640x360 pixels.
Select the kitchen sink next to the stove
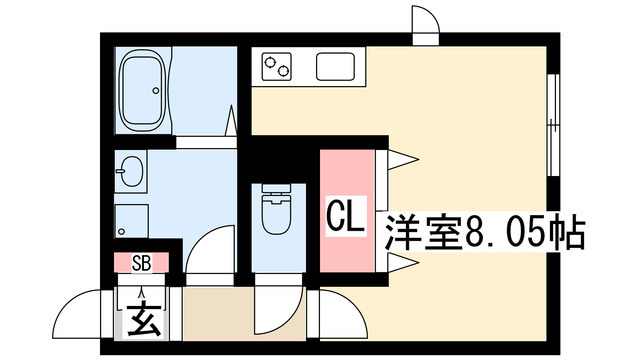tap(335, 67)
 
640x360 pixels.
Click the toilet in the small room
tap(273, 211)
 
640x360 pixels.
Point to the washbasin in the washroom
tap(130, 172)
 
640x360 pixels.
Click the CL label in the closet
tap(345, 215)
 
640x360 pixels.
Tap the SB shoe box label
tap(141, 264)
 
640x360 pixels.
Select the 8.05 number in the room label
tap(505, 234)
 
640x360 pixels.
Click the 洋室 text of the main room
tap(418, 234)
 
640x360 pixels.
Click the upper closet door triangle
tap(398, 157)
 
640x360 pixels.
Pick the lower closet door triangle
tap(398, 263)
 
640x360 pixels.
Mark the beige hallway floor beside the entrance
tap(215, 315)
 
